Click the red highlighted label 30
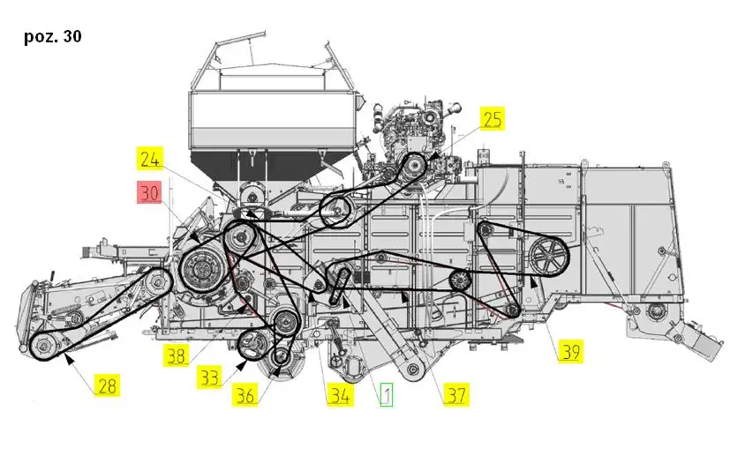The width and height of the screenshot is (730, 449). click(149, 192)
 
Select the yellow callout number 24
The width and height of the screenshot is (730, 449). click(150, 159)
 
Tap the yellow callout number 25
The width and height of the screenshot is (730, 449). click(493, 119)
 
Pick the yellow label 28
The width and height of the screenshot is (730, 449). click(107, 385)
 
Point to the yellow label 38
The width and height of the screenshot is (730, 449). click(176, 355)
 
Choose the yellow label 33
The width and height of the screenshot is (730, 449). click(209, 377)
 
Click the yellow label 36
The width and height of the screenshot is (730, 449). click(245, 395)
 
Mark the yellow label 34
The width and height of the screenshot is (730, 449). click(341, 395)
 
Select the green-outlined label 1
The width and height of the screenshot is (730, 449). click(387, 394)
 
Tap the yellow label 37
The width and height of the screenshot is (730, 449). click(456, 395)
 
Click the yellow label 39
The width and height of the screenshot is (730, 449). click(571, 351)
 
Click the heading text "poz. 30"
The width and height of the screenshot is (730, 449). click(53, 36)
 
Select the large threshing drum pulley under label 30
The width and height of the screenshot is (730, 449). click(202, 268)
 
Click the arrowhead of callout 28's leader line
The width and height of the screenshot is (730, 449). click(69, 359)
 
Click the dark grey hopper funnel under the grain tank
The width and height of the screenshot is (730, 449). click(269, 166)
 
